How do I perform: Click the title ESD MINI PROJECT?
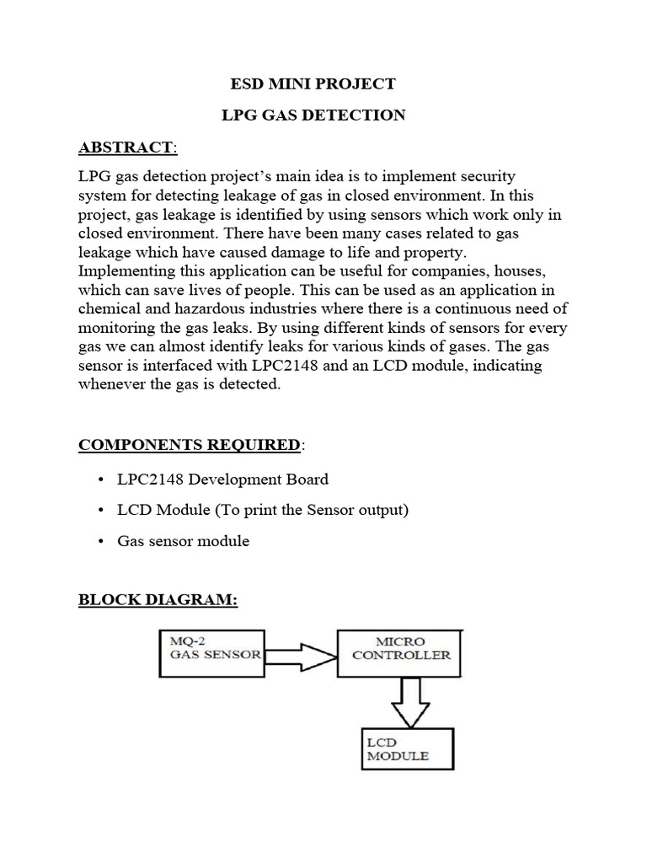tap(313, 83)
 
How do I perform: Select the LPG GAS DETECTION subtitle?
tap(313, 115)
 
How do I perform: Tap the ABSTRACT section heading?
tap(127, 148)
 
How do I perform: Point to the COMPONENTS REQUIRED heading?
tap(190, 444)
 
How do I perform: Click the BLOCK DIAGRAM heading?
tap(158, 600)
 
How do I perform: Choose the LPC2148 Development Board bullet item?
tap(223, 479)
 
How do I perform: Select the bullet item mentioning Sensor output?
tap(263, 510)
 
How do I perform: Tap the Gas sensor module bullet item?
tap(184, 541)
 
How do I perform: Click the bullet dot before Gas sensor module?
tap(100, 542)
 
